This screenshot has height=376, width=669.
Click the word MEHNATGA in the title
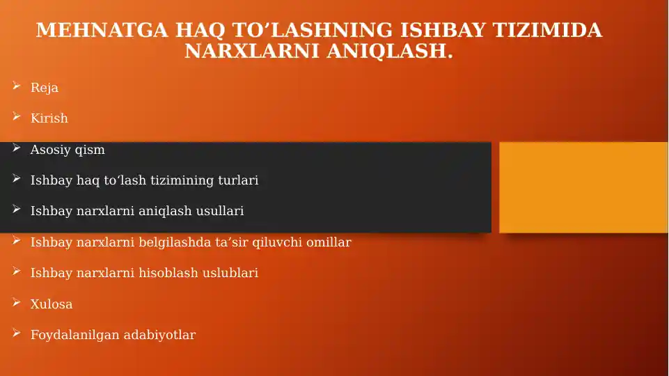(x=102, y=31)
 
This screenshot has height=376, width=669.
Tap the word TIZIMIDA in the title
(x=547, y=31)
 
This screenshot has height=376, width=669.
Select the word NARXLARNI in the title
(x=252, y=51)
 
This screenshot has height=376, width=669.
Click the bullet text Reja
(x=45, y=88)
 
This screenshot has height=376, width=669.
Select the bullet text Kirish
(x=49, y=118)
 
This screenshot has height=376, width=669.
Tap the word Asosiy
(x=51, y=150)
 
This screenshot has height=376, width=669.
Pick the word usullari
(x=220, y=211)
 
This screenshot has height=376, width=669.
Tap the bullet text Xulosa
(x=52, y=304)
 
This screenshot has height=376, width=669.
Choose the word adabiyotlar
(x=159, y=335)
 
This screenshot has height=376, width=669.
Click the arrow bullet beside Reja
(x=17, y=86)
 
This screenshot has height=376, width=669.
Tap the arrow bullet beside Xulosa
(x=17, y=302)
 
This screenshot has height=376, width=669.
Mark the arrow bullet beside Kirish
(x=17, y=116)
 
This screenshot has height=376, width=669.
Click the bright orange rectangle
(x=583, y=187)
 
